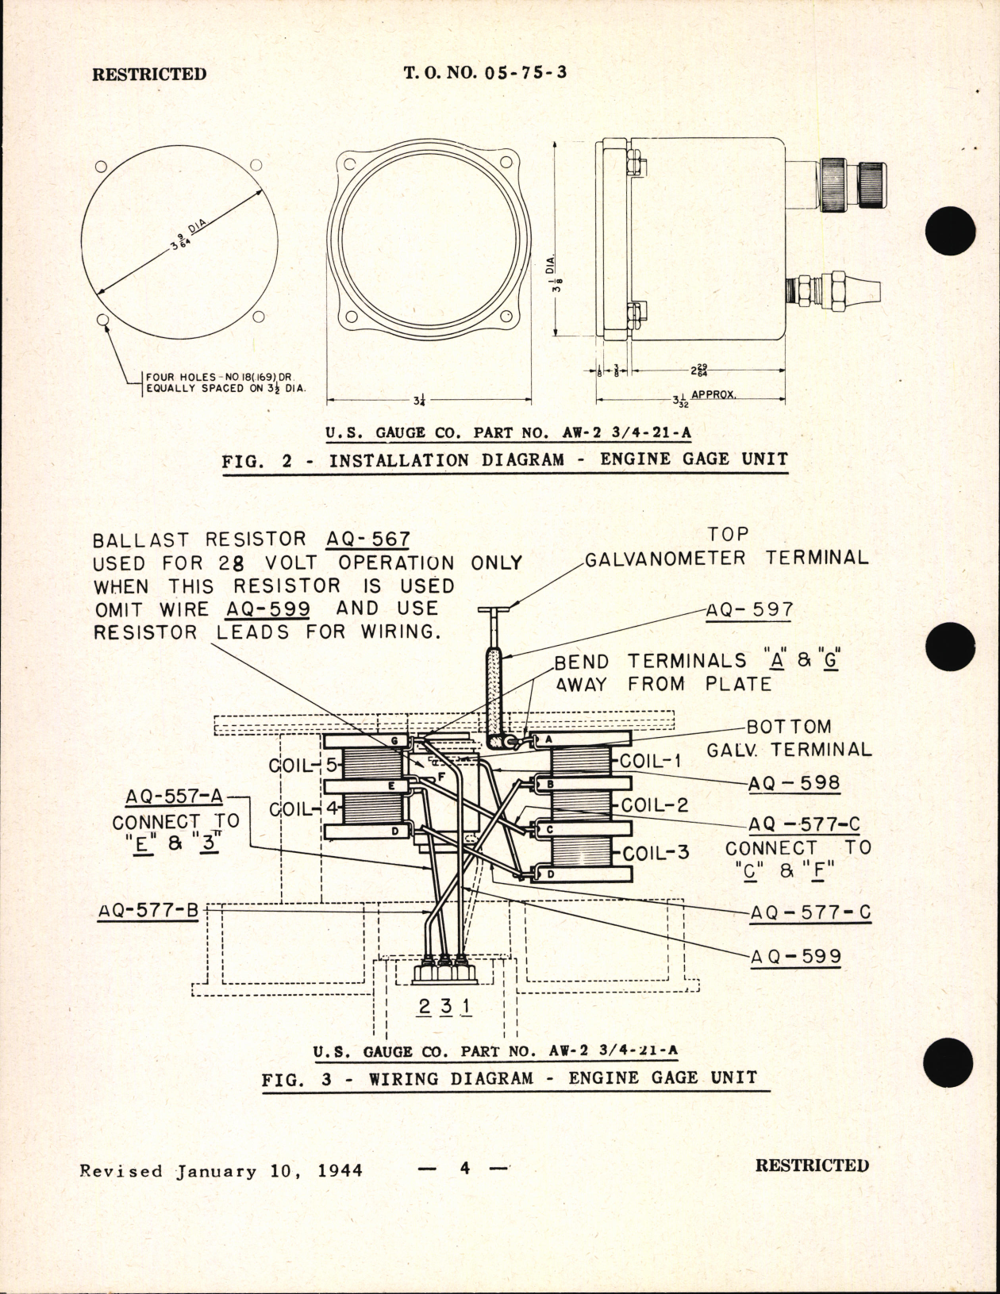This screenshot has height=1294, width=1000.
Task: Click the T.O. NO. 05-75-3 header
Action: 485,73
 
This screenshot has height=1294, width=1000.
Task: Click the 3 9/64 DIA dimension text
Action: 188,236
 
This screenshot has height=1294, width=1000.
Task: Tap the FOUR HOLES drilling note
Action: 225,382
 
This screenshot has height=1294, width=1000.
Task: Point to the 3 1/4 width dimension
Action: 418,401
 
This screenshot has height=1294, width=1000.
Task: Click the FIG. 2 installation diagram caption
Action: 505,459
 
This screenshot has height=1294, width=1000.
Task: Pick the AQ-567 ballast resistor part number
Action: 368,539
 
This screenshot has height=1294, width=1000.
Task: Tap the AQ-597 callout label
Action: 749,610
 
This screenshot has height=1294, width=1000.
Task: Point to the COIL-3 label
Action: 656,854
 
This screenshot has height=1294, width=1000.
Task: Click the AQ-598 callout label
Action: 794,783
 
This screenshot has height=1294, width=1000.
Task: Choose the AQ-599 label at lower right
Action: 795,956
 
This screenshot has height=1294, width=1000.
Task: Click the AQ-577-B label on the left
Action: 148,911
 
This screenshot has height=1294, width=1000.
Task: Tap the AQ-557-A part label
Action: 174,797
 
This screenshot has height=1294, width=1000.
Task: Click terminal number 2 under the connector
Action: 425,1006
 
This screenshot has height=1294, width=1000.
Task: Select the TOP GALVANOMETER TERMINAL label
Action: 726,547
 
